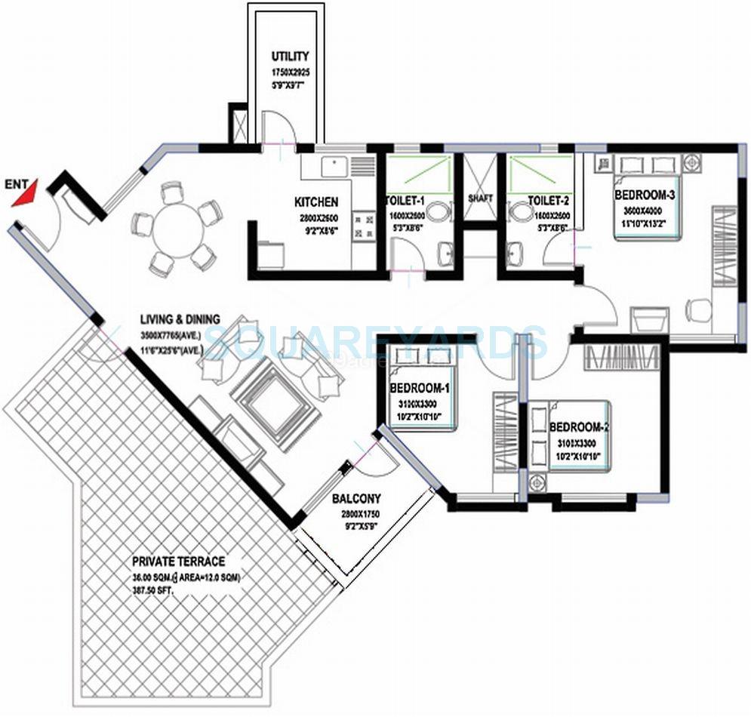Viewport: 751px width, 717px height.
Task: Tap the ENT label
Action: click(x=16, y=183)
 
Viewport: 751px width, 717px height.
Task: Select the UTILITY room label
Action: click(x=291, y=57)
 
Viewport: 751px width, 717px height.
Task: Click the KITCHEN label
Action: click(x=316, y=202)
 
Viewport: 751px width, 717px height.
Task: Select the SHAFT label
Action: click(x=480, y=198)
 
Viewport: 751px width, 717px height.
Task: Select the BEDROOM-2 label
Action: click(x=579, y=426)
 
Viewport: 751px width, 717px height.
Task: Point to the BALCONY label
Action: click(x=355, y=498)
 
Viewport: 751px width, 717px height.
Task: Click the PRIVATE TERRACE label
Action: click(x=178, y=562)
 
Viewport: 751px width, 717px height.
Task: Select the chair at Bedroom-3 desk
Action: click(x=699, y=308)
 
